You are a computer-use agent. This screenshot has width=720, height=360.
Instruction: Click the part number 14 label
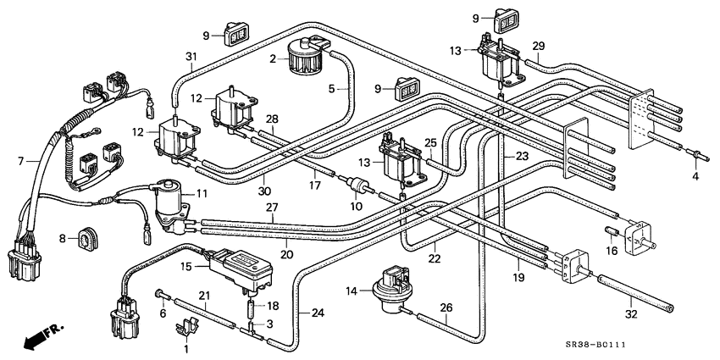[352, 291]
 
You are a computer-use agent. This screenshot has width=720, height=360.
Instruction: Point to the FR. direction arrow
[42, 335]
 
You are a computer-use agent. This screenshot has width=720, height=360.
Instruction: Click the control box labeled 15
[241, 270]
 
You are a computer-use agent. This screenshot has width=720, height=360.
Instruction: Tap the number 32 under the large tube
[631, 314]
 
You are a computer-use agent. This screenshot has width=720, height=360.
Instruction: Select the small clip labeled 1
[187, 328]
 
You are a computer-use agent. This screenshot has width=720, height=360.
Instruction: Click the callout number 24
[318, 313]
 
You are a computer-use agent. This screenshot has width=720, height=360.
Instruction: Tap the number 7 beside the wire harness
[20, 162]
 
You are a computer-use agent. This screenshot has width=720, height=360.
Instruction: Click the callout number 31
[191, 57]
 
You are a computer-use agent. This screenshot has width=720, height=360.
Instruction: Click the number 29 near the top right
[539, 46]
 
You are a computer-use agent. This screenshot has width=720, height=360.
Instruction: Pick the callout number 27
[272, 207]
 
